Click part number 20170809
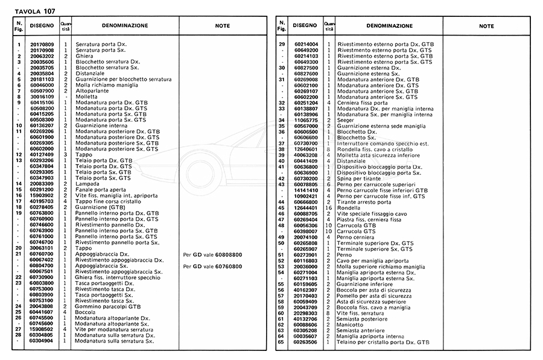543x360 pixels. (42, 45)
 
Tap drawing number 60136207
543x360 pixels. (42, 125)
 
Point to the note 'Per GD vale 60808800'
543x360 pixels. (212, 254)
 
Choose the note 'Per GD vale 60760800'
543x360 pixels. (212, 265)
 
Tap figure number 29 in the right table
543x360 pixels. (281, 45)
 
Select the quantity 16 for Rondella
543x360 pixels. (329, 207)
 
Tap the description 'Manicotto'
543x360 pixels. (351, 324)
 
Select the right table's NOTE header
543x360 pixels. (486, 26)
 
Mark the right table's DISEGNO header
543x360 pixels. (305, 26)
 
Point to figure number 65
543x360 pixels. (281, 341)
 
